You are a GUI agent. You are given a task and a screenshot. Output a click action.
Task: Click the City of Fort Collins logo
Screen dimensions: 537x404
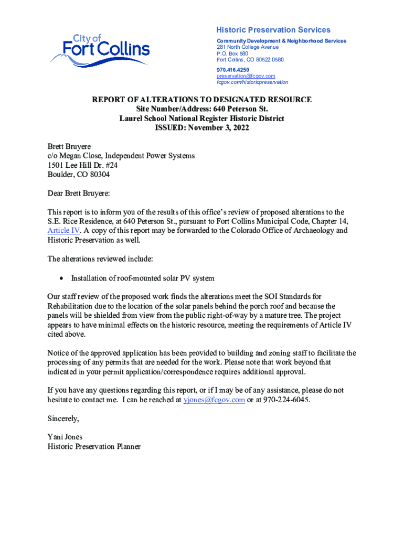100,50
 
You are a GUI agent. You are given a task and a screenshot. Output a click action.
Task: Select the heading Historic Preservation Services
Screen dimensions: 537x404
273,30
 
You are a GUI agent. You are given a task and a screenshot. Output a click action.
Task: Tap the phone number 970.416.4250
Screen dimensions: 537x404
232,69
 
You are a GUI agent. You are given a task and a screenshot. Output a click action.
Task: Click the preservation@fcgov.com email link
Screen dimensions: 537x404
246,76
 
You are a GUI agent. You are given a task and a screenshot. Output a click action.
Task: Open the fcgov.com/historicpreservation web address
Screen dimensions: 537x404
252,82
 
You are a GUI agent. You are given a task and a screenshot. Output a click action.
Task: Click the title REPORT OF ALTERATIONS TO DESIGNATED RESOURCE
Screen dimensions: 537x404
202,100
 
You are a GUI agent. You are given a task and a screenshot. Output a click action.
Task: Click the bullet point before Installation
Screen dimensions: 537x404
62,278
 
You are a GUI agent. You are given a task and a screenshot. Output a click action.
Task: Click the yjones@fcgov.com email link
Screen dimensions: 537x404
214,400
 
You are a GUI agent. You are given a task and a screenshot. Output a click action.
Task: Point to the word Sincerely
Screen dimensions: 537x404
63,418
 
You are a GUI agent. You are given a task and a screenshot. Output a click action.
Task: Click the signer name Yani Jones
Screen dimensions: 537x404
65,437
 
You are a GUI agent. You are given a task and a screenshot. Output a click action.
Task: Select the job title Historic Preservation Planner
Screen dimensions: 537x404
94,446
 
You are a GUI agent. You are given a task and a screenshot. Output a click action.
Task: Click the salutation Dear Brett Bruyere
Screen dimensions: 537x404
79,194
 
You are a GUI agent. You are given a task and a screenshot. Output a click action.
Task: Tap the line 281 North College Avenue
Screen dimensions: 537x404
248,47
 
